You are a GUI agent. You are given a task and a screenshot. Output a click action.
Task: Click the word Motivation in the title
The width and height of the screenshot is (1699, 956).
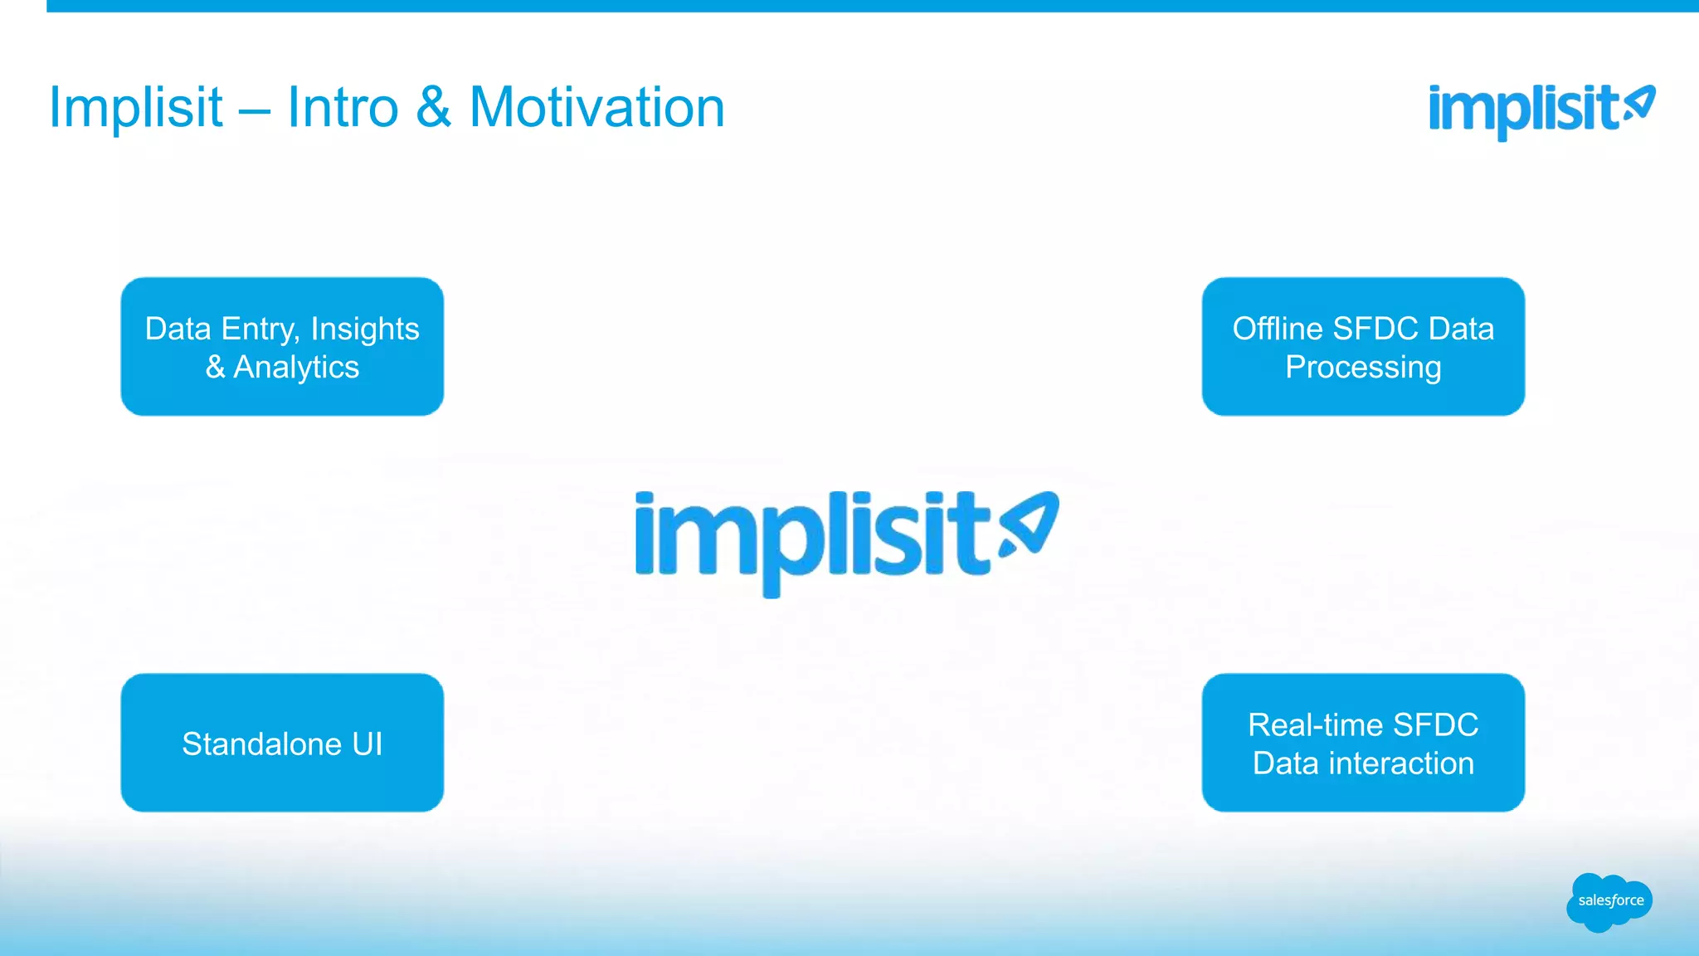[596, 108]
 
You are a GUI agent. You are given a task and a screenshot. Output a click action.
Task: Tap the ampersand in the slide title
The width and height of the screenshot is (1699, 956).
[434, 108]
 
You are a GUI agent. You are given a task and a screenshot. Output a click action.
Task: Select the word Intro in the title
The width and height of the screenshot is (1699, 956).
[343, 108]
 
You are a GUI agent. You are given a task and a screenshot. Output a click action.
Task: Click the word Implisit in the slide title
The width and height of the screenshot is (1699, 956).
[136, 108]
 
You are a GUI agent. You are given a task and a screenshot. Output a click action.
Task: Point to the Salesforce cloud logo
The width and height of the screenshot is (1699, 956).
[1609, 901]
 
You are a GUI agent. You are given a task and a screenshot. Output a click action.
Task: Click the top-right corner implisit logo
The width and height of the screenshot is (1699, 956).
[1541, 110]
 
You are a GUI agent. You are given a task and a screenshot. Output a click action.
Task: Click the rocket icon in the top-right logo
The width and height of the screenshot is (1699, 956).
[1639, 104]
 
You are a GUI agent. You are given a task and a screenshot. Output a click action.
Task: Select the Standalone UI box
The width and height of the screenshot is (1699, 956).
[282, 743]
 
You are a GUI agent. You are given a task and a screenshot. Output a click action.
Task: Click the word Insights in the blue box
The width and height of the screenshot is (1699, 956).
[364, 329]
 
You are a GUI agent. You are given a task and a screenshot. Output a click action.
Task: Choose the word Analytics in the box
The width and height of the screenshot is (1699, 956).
[296, 367]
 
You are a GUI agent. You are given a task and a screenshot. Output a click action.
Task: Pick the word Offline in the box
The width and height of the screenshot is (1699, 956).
[1277, 329]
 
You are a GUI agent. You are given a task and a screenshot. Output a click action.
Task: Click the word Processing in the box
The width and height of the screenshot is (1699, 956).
[1363, 367]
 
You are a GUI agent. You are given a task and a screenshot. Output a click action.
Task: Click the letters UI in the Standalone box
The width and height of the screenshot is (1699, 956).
[367, 744]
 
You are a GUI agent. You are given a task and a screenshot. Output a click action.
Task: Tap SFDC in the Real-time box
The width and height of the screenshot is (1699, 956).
[1435, 724]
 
